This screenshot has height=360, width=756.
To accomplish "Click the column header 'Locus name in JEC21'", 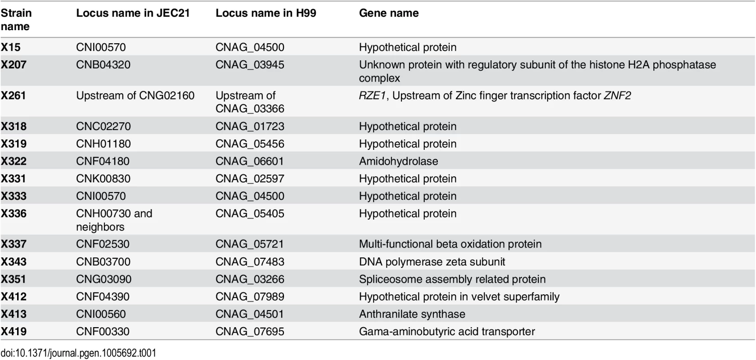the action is point(133,13).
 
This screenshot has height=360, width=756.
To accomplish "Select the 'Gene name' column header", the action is point(388,13).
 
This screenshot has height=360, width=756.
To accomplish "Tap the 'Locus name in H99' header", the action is point(265,13).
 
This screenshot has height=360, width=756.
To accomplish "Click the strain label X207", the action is point(13,64).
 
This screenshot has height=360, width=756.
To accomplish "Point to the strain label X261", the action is point(13,95).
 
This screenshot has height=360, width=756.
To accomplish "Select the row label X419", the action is point(13,331).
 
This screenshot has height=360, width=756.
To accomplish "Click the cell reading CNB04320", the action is point(103,64).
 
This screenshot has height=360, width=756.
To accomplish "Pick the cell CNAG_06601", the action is point(250,161).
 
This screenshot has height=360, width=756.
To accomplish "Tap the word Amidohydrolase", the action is point(398,161).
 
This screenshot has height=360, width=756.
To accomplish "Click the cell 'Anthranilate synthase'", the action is point(412,314).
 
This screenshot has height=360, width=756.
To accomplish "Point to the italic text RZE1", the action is point(372,95).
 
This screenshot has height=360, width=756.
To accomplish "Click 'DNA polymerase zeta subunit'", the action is point(432,262).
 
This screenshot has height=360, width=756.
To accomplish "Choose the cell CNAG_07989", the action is point(250,297).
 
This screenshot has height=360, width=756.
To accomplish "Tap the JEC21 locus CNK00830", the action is point(103,179).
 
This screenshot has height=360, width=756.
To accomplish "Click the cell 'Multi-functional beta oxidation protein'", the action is point(450,244).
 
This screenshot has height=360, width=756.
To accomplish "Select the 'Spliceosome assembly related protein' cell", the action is point(452,279).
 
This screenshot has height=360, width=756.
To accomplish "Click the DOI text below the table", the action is point(78,353).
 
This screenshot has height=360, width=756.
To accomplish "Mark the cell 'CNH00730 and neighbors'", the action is point(114,220).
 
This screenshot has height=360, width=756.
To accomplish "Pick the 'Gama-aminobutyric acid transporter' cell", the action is point(446,332).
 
